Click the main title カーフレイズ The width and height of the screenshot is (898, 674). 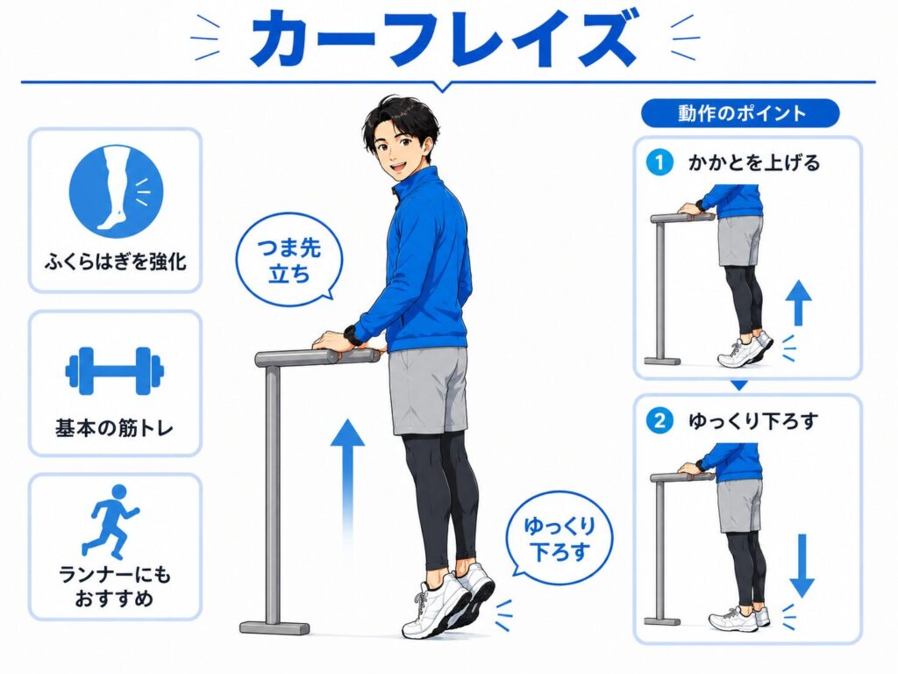coord(445,39)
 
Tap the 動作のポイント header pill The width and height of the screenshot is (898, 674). coord(740,113)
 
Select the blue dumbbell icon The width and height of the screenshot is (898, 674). coord(115,371)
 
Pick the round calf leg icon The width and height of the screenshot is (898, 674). coord(117,190)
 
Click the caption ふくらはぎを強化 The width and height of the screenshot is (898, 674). coord(115,262)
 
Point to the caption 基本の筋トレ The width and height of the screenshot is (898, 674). coord(115,427)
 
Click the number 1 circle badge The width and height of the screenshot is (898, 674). coord(659,162)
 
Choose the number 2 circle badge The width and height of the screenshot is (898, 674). coord(659,421)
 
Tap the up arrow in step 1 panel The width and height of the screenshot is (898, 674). coord(798,303)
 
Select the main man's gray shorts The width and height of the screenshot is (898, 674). coord(428,390)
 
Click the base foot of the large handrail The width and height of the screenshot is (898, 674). coord(274,628)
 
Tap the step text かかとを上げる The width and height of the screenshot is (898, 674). coord(753,162)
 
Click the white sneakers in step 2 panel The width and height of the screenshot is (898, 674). coord(739,619)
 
